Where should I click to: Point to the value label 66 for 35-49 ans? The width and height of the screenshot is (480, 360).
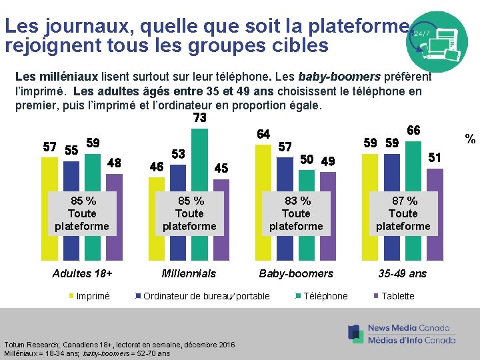point(413,131)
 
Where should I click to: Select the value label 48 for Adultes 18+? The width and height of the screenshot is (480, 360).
point(114,163)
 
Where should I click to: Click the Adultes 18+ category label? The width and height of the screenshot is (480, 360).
point(83,273)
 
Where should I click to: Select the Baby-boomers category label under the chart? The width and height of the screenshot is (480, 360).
point(296,273)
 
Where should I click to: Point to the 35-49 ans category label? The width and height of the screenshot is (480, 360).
point(403,273)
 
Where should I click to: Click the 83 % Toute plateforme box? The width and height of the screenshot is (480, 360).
point(296,213)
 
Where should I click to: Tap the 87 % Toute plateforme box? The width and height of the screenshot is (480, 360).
point(403,213)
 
